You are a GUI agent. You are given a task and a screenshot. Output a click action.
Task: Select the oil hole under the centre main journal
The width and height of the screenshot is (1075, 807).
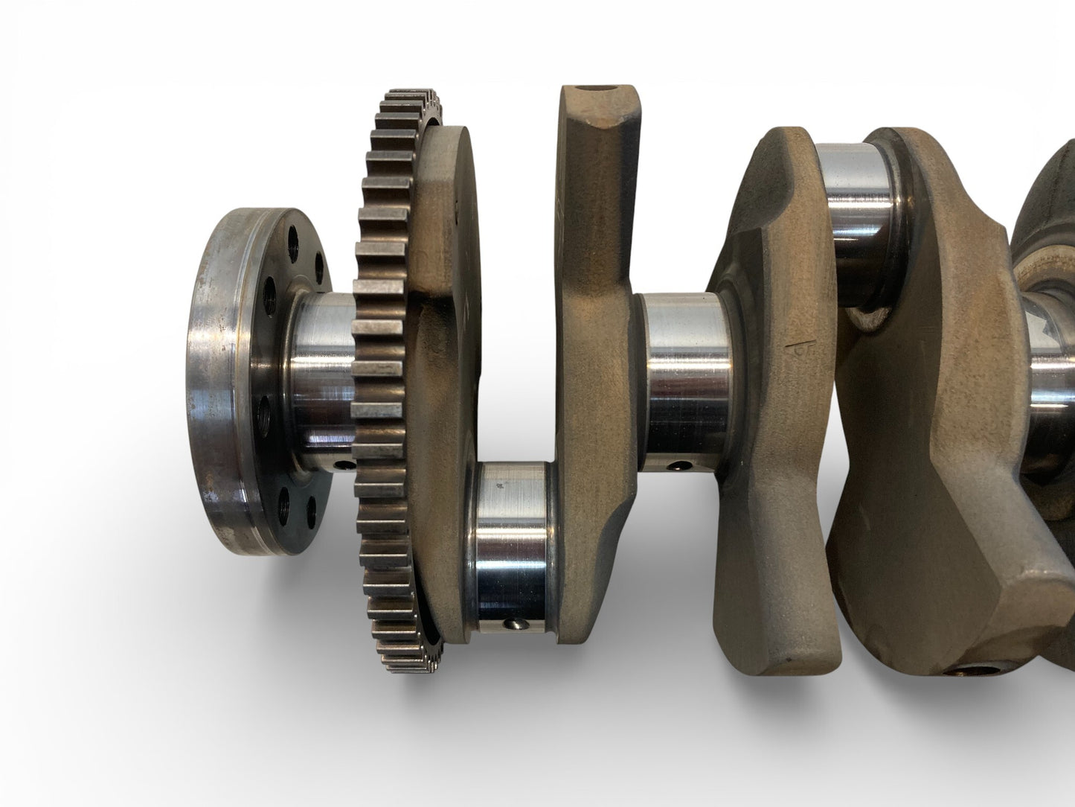tap(676, 468)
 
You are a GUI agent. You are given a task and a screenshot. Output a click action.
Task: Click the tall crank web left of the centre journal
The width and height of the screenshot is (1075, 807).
tap(595, 313)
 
